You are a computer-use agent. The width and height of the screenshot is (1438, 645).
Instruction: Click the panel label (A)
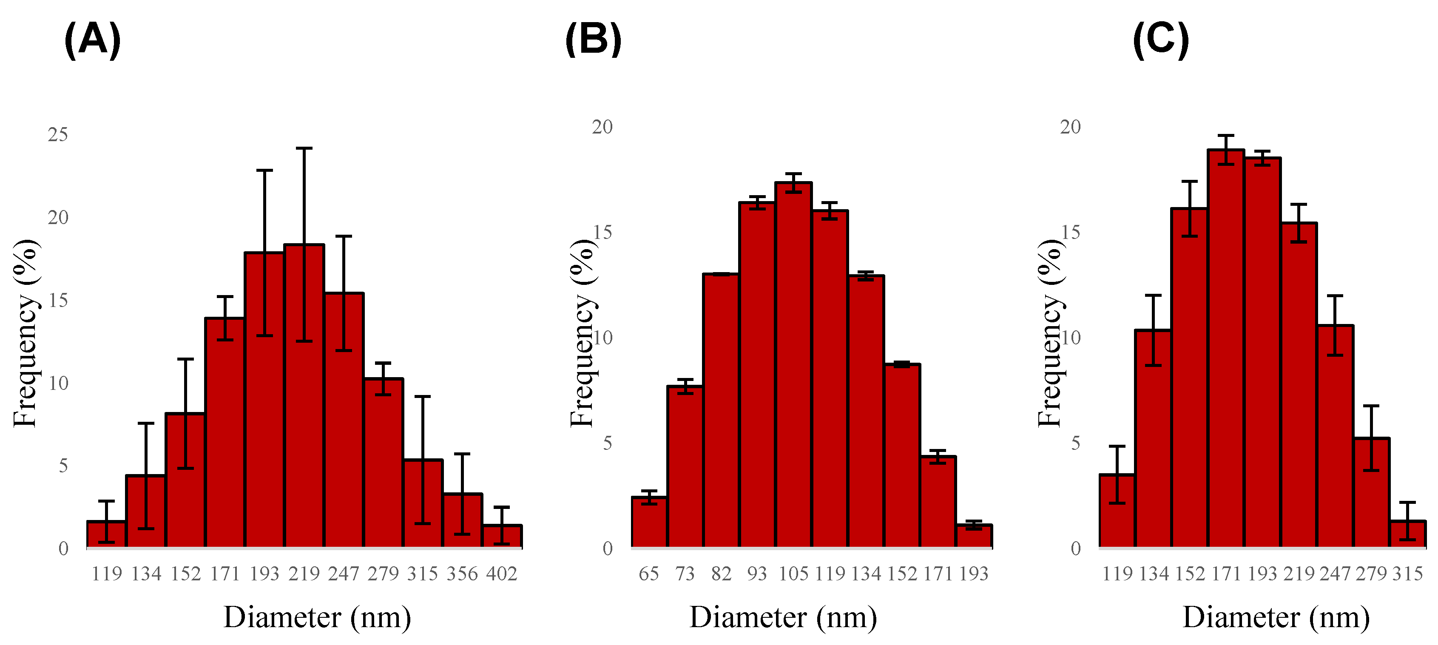coord(92,40)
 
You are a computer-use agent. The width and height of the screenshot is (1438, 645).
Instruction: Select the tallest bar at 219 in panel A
coord(304,397)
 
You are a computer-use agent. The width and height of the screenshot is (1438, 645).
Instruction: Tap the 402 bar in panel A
coord(502,536)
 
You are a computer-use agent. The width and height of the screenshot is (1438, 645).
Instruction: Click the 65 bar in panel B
coord(649,522)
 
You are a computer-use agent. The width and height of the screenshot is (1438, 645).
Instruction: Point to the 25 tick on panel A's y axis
coord(57,135)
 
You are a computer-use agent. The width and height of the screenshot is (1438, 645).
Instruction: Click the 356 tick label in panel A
coord(462,574)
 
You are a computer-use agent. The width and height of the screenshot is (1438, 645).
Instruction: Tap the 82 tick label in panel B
coord(721,574)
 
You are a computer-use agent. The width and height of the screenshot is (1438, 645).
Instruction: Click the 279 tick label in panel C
coord(1371,574)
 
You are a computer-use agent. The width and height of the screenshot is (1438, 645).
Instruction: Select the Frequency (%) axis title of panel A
coord(25,333)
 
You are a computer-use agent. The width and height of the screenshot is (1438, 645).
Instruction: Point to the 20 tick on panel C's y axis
coord(1070,127)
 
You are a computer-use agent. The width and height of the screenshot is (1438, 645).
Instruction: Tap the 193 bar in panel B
coord(974,536)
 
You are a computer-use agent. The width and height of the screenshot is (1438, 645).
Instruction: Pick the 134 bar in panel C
coord(1153,438)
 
